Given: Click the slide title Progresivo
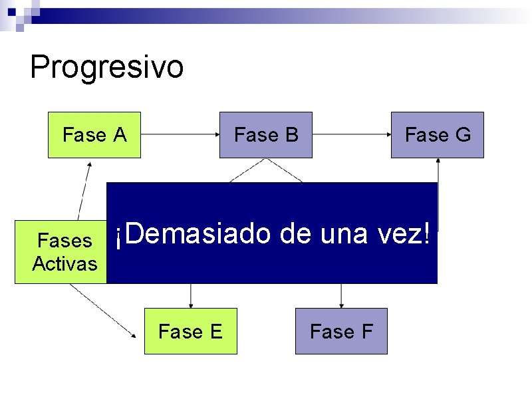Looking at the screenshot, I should pyautogui.click(x=106, y=67).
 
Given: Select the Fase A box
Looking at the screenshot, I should pyautogui.click(x=94, y=135).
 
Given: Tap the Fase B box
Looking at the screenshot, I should pyautogui.click(x=266, y=135).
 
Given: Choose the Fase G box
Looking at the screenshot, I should pyautogui.click(x=438, y=135).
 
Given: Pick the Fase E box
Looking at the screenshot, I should pyautogui.click(x=191, y=331).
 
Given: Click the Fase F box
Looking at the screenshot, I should pyautogui.click(x=341, y=331).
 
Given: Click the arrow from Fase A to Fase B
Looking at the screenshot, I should pyautogui.click(x=180, y=134).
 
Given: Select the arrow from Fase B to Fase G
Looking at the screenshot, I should pyautogui.click(x=351, y=134).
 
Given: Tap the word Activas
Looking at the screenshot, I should pyautogui.click(x=65, y=264).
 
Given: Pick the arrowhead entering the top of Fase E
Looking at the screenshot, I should pyautogui.click(x=191, y=305).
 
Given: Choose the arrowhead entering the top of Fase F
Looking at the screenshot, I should pyautogui.click(x=341, y=305).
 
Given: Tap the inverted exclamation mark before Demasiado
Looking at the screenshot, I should pyautogui.click(x=118, y=237).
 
